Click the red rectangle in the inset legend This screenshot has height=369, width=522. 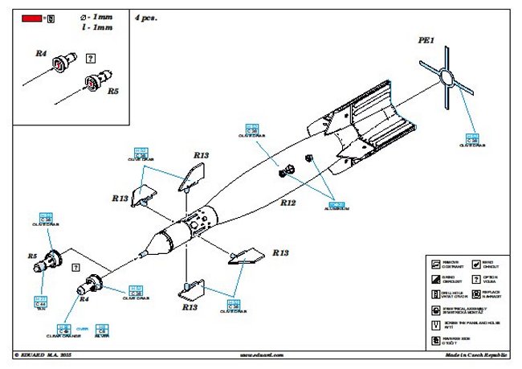[x=32, y=16]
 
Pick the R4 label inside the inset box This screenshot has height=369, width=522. [x=41, y=53]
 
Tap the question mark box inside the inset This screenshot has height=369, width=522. [x=89, y=58]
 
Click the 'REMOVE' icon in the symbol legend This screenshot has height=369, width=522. [x=434, y=263]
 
